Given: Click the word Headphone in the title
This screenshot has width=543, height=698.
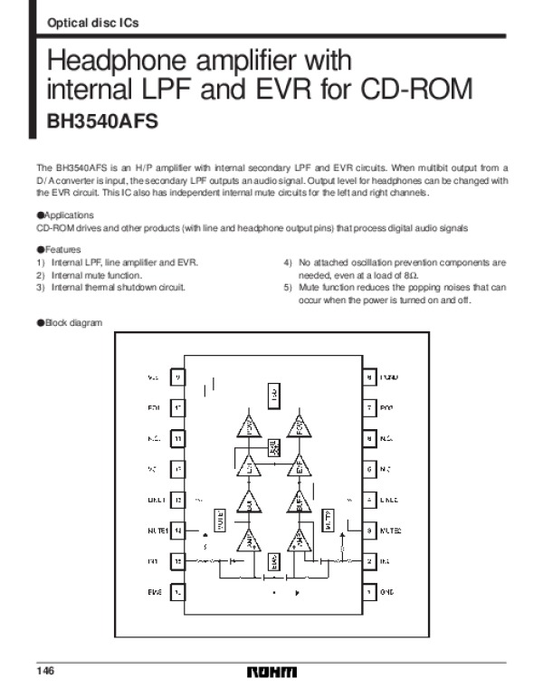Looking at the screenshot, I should tap(118, 62).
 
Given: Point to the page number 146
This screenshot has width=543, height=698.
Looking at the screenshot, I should tap(46, 670).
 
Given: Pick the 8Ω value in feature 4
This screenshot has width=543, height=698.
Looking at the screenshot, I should tap(409, 274).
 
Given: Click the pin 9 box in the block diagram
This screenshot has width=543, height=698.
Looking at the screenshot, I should tap(177, 377).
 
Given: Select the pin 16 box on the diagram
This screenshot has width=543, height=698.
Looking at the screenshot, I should tap(177, 593).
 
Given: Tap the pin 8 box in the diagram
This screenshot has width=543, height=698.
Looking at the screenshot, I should tap(370, 377).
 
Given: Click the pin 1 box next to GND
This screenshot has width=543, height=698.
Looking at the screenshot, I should tap(370, 593).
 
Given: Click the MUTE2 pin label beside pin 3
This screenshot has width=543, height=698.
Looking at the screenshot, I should tap(391, 531).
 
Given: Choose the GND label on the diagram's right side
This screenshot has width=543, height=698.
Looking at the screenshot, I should tap(388, 593).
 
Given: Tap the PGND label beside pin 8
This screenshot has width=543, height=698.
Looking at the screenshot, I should tap(390, 377).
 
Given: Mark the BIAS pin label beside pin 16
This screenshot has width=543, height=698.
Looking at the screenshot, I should tap(155, 593).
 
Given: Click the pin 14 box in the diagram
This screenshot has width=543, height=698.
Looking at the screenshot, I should tap(177, 531).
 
